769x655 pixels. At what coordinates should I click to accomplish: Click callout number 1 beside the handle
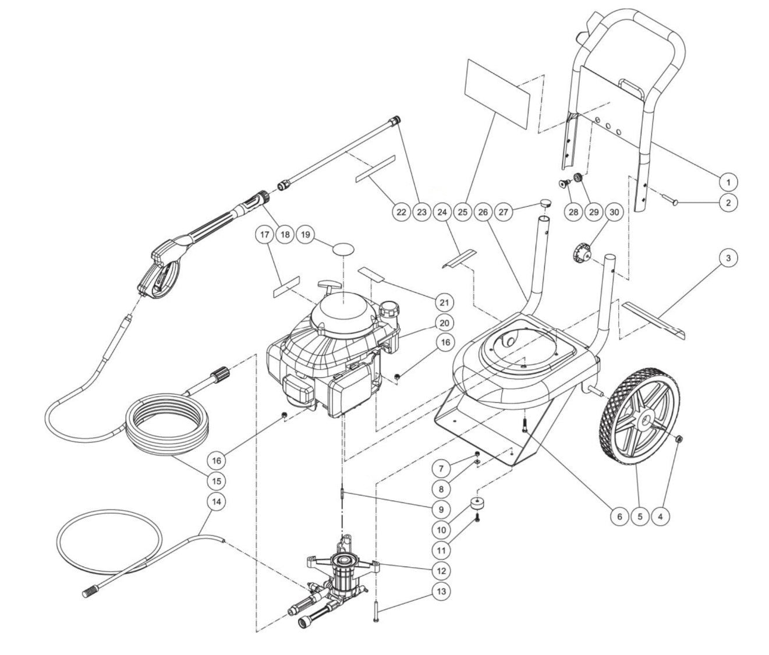727,182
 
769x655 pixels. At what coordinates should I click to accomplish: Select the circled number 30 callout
613,212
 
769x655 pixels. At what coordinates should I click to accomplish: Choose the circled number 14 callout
217,501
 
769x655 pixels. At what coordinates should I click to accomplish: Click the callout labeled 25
463,212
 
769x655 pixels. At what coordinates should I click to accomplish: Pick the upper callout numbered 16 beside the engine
445,343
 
